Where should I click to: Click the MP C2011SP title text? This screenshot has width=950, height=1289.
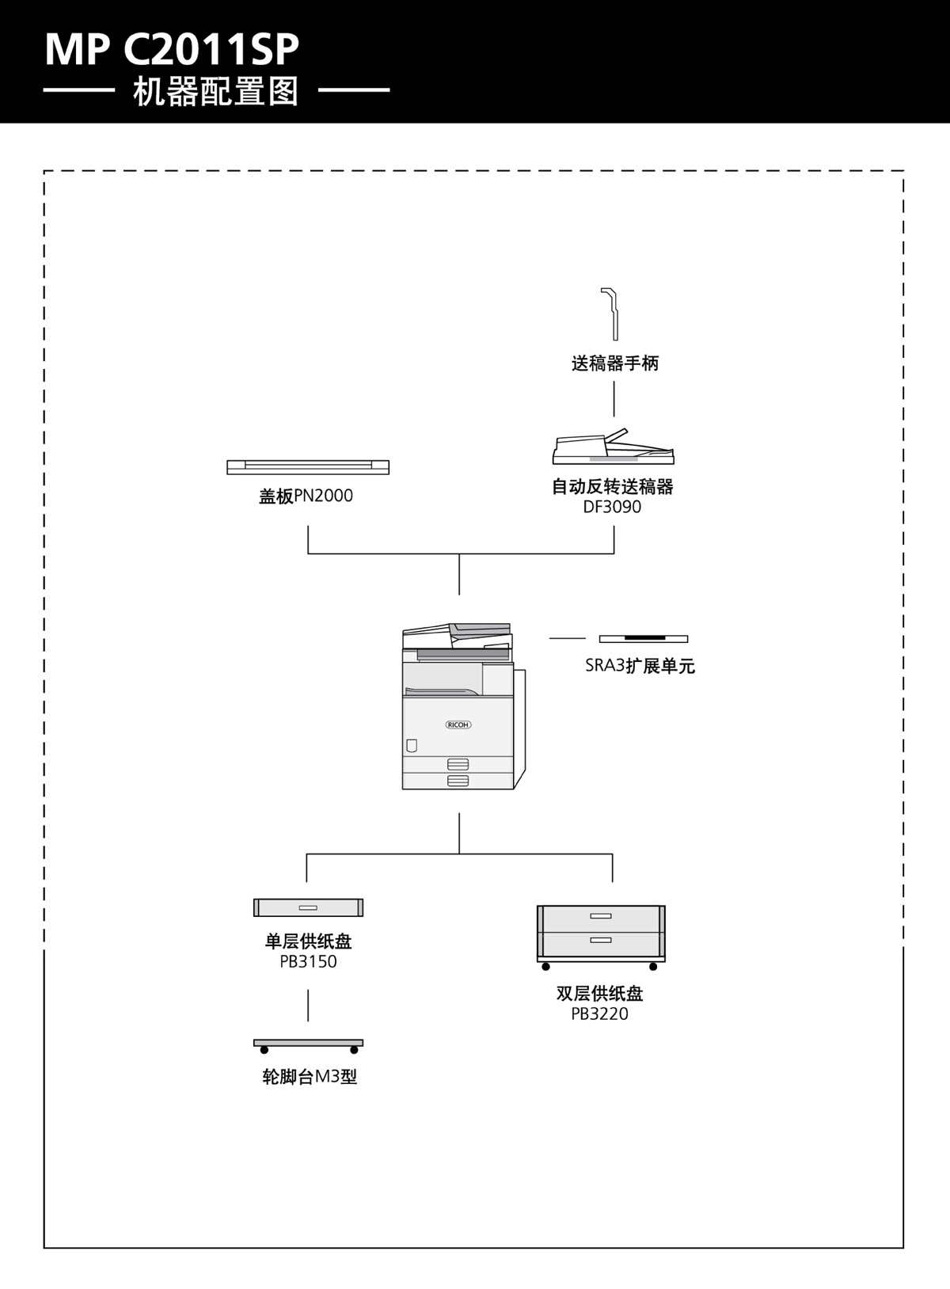[172, 49]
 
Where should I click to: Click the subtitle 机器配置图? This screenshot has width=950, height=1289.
[215, 92]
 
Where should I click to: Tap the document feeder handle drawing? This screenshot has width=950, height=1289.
[610, 314]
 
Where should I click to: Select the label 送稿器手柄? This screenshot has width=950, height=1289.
[614, 363]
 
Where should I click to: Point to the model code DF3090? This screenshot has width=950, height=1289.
[612, 507]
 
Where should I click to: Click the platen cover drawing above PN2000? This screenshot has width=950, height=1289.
[308, 467]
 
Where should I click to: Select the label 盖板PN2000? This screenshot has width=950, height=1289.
[306, 496]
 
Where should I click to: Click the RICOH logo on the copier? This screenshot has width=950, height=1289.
[458, 724]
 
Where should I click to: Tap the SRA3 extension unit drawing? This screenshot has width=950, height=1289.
[643, 638]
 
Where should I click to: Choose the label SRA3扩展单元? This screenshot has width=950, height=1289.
[640, 666]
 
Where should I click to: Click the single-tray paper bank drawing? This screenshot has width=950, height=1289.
[308, 907]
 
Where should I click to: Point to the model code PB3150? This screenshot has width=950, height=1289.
[308, 962]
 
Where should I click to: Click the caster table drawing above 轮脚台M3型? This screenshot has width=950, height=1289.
[308, 1044]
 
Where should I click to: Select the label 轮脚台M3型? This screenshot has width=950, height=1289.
[310, 1078]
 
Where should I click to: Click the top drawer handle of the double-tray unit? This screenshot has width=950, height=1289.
[601, 916]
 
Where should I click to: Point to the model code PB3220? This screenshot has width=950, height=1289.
[599, 1014]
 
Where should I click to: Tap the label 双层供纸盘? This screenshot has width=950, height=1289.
[599, 994]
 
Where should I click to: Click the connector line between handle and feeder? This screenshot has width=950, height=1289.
[614, 398]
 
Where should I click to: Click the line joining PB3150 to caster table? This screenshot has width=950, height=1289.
[308, 1005]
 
